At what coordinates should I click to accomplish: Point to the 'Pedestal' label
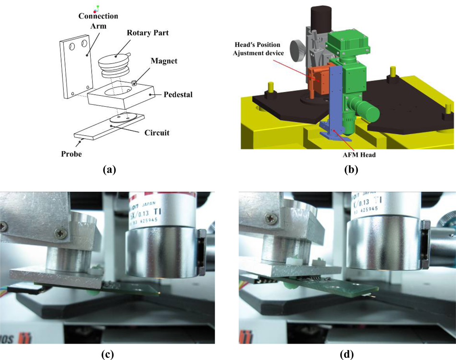coord(177,95)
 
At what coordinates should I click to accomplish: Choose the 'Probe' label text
coord(71,154)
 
